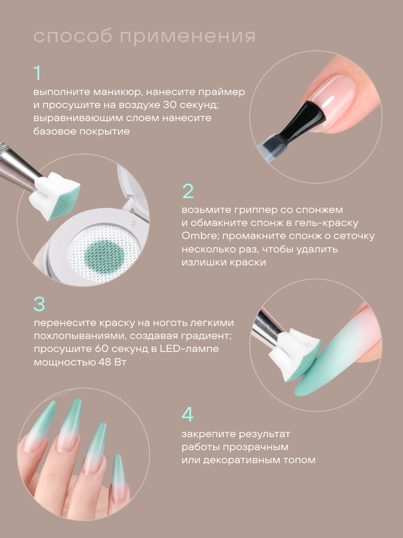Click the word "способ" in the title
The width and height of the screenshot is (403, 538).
[73, 37]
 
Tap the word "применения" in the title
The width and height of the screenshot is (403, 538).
[188, 37]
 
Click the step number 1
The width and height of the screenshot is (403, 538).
[37, 73]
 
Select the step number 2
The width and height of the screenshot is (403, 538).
[188, 191]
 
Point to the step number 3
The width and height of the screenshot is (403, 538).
[39, 304]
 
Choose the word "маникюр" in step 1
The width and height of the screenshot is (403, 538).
[117, 92]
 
